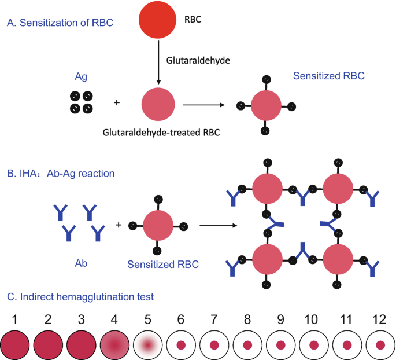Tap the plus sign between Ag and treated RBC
coord(117,103)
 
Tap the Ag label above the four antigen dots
coord(81,76)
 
